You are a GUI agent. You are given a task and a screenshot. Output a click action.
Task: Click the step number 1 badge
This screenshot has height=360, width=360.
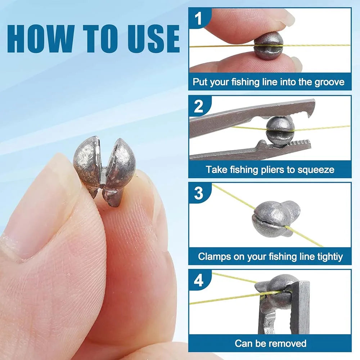[x=199, y=18]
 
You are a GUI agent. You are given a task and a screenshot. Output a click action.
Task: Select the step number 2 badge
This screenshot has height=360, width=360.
[x=199, y=106]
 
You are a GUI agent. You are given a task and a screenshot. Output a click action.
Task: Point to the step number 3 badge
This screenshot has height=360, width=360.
[x=199, y=193]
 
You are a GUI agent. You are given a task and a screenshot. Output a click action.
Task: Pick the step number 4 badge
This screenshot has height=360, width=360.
[x=199, y=280]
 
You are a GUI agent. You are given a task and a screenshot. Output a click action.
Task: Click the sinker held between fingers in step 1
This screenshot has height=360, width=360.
[x=268, y=46]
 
